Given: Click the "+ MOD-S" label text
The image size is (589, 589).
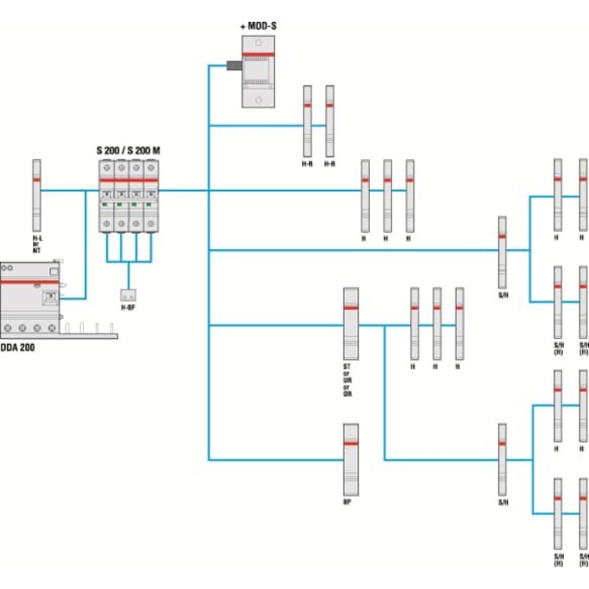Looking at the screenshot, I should (x=258, y=27).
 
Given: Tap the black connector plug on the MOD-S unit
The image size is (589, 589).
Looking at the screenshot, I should (x=234, y=66).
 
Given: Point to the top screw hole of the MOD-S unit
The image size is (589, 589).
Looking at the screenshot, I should (x=258, y=44).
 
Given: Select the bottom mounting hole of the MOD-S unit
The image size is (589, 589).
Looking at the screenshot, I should (x=258, y=99).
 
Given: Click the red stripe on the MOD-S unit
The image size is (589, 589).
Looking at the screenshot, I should (x=258, y=54).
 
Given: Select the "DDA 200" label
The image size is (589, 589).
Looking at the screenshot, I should (x=18, y=348).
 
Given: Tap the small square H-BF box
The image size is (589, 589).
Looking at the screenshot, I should (x=128, y=295).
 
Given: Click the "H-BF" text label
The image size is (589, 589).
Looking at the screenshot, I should (x=128, y=307).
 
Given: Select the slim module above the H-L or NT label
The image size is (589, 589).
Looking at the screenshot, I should (x=37, y=195).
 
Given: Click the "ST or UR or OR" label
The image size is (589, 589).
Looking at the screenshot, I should (x=348, y=380).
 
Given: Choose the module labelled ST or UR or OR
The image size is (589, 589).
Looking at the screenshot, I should (x=351, y=323).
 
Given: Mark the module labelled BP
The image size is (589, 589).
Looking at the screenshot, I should (x=351, y=459).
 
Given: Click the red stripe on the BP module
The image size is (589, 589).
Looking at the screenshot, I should (x=351, y=444).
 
